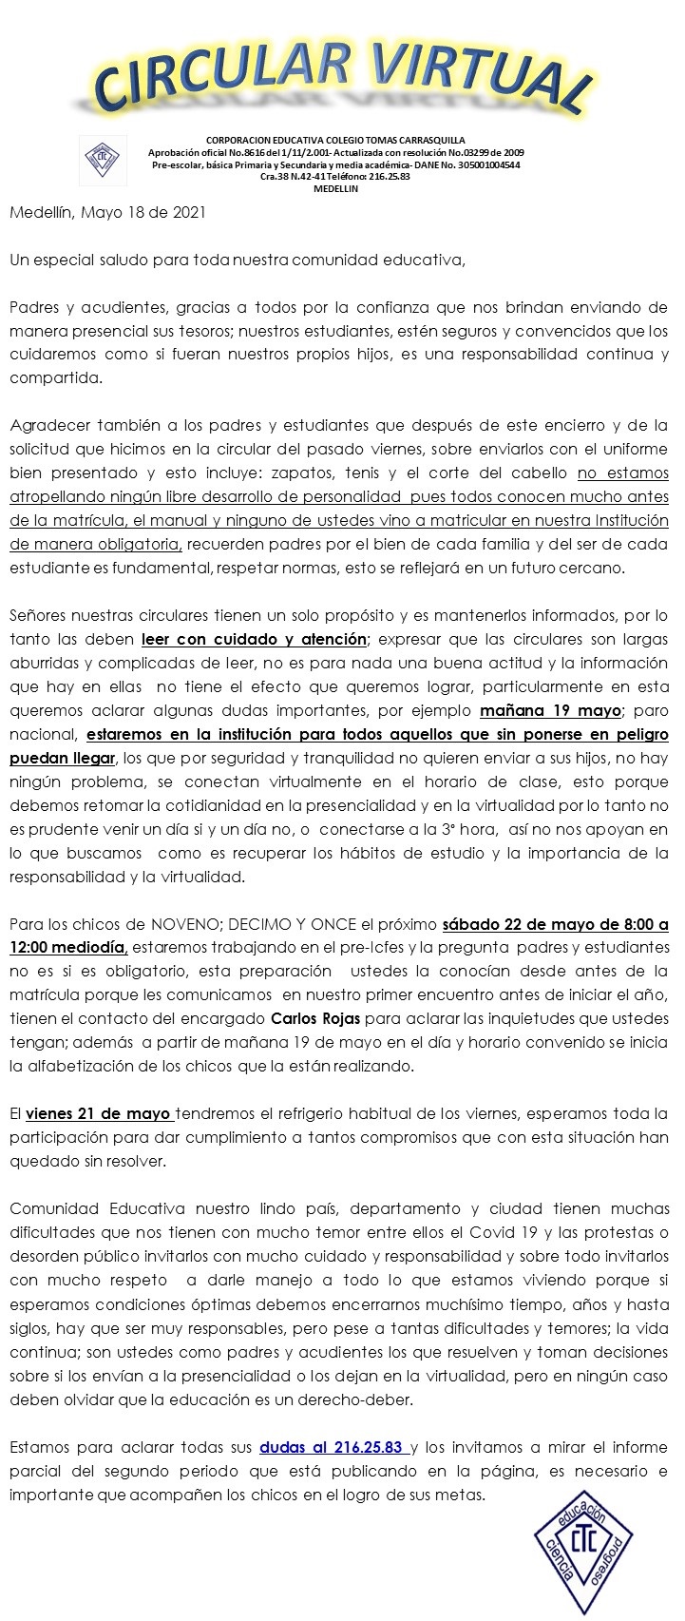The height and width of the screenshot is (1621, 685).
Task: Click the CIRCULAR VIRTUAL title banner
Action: coord(342,78)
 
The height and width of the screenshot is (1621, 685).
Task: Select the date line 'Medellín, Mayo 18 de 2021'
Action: coord(107,213)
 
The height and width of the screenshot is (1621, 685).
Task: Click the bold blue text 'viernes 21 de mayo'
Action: coord(99,1113)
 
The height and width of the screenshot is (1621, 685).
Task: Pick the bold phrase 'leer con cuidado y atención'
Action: coord(254,639)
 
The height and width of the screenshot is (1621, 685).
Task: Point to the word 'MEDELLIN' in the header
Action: coord(335,188)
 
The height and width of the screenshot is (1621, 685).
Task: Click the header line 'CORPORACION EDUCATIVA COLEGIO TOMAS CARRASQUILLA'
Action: coord(335,140)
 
